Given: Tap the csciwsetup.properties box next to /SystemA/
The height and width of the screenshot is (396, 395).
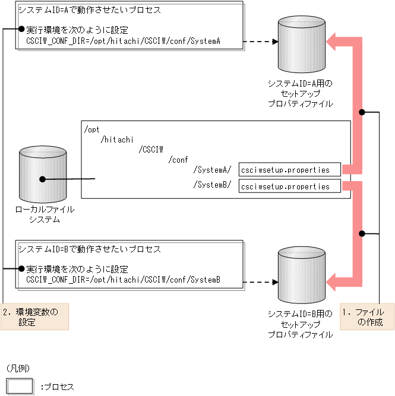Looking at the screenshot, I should (289, 170).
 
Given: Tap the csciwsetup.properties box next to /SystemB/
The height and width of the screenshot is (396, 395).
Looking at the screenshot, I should (289, 186).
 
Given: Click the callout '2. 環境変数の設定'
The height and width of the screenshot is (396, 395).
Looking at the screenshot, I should (35, 317).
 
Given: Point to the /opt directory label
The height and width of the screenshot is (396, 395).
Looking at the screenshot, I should (93, 129).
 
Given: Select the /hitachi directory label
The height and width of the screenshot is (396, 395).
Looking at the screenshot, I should (118, 139).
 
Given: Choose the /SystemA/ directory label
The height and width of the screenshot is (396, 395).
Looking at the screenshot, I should (212, 170).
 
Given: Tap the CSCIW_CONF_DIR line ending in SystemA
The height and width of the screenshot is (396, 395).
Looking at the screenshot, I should (124, 41).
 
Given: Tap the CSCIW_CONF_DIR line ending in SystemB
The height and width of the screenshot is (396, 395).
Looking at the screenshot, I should (124, 280).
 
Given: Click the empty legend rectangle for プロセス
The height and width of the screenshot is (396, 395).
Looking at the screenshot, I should (20, 386).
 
